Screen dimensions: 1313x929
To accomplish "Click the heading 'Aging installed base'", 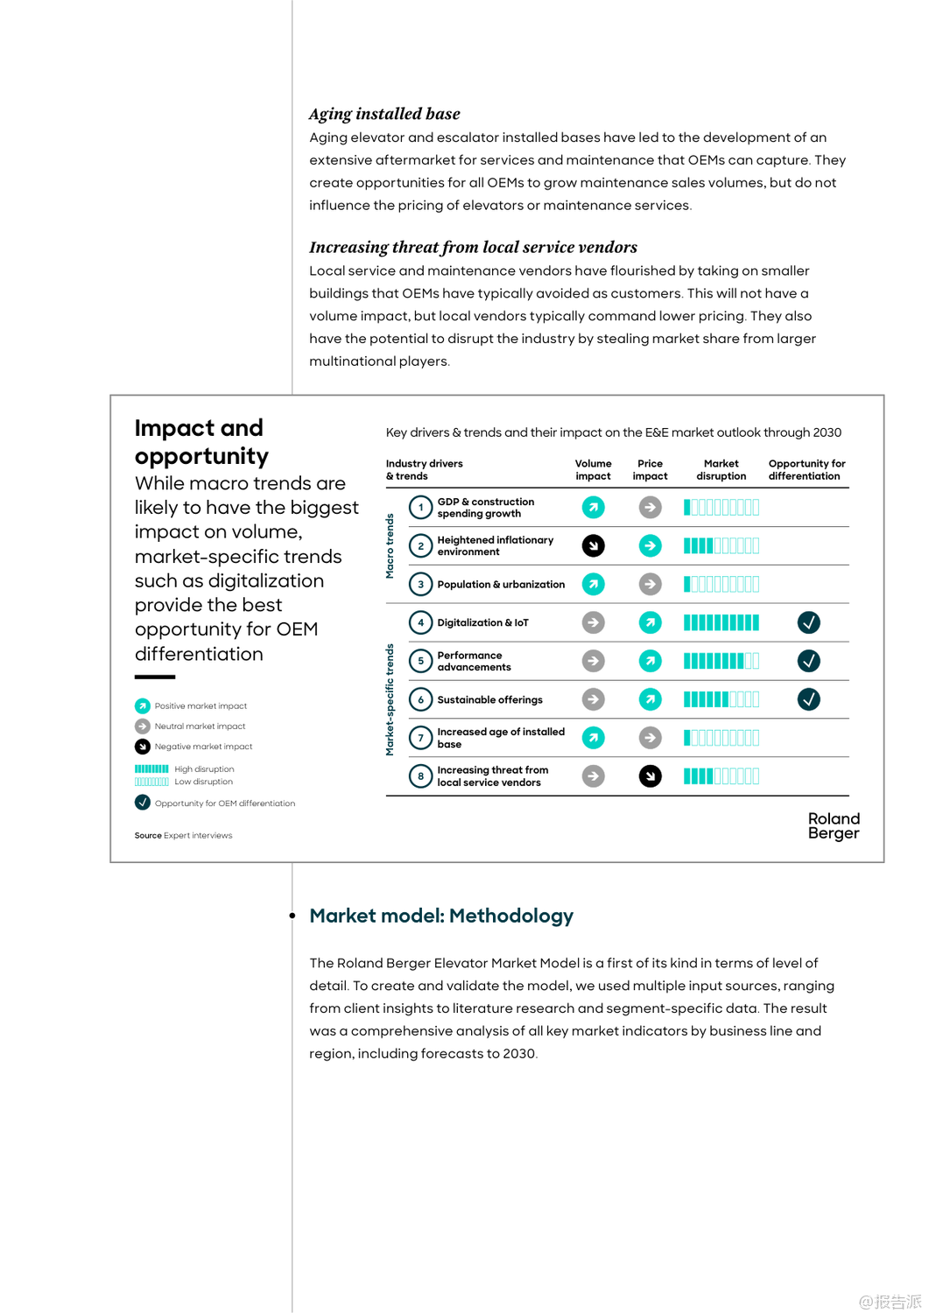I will (x=384, y=114).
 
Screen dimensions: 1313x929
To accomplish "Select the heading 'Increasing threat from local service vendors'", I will (x=473, y=247).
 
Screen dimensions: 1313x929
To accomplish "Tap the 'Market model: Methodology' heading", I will (x=441, y=916).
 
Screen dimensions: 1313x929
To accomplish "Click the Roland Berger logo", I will (x=834, y=825).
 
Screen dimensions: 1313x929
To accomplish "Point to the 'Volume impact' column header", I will (x=593, y=470).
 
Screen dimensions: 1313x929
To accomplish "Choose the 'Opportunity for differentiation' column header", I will (x=806, y=470).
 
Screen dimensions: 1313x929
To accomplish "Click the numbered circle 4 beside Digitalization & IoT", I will (x=420, y=622).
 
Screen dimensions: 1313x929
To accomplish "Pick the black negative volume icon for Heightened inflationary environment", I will (x=593, y=545).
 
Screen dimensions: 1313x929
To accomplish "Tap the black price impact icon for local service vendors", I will (x=650, y=776).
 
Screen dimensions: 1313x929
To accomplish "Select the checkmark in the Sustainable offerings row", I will (x=808, y=699).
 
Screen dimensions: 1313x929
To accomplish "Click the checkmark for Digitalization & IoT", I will (x=808, y=622).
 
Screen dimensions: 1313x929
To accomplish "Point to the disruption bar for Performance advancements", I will (x=721, y=661).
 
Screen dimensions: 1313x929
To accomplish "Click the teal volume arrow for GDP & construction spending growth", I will (x=593, y=507).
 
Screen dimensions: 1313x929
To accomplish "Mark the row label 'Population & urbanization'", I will (x=501, y=584).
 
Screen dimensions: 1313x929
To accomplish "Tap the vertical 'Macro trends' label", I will (x=391, y=545).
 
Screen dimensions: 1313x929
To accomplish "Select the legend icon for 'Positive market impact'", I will (x=143, y=706).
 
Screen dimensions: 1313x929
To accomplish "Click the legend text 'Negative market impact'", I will (x=203, y=747).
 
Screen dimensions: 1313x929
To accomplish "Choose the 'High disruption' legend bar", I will (x=151, y=769).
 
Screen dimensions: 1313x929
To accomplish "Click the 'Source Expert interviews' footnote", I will (x=183, y=835).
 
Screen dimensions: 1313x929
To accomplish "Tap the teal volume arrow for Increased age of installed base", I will (x=593, y=738).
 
